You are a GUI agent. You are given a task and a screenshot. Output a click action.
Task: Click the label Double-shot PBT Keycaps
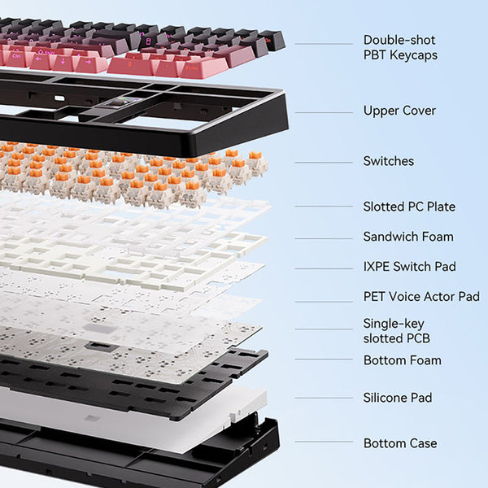[x=400, y=48]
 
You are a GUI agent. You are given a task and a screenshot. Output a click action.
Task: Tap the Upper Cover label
[x=399, y=111]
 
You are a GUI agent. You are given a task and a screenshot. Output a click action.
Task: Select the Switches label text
[x=389, y=161]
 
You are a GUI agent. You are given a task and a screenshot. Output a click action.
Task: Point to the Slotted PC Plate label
[x=409, y=207]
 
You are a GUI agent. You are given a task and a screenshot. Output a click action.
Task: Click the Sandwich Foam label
[x=408, y=237]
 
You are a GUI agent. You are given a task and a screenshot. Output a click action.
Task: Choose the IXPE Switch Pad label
[x=410, y=267]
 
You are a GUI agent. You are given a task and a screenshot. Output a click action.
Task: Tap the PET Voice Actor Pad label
[x=421, y=297]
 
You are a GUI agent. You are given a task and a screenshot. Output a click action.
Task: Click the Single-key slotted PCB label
[x=397, y=331]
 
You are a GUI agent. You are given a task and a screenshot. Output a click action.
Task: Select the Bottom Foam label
[x=403, y=360]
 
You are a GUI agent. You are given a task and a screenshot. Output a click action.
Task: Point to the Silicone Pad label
[x=398, y=398]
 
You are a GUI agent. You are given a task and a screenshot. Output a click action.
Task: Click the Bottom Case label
[x=400, y=443]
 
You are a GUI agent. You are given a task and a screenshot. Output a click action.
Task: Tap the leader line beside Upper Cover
[x=324, y=112]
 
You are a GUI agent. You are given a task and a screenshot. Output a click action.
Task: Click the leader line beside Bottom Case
[x=324, y=442]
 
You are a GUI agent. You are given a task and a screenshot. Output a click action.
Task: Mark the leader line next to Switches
[x=324, y=162]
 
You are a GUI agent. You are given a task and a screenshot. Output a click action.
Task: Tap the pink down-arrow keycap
[x=64, y=63]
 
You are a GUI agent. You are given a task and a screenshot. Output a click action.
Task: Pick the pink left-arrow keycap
[x=40, y=61]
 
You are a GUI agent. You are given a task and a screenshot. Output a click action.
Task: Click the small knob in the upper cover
[x=118, y=102]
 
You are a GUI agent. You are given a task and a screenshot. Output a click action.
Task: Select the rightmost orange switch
[x=257, y=163]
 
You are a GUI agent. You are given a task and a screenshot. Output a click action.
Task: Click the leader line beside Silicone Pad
[x=324, y=398]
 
